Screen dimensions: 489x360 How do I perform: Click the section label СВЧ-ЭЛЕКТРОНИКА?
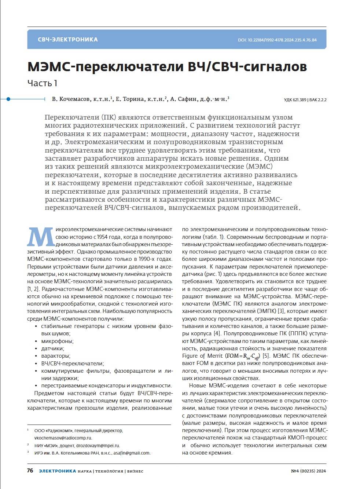[68, 40]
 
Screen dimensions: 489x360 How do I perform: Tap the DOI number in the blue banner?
[277, 40]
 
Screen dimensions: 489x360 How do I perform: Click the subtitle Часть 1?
[42, 83]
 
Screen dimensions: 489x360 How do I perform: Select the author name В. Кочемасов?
[71, 99]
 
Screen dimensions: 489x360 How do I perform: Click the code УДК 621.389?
[295, 100]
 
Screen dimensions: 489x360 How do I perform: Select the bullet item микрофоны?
[57, 341]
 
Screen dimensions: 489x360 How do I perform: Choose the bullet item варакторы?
[56, 356]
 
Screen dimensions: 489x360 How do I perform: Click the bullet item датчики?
[52, 348]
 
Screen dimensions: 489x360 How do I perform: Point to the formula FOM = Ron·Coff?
[243, 356]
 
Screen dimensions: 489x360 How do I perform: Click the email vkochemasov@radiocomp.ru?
[63, 438]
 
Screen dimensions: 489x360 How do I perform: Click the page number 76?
[30, 471]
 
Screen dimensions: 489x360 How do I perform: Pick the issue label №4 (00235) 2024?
[308, 471]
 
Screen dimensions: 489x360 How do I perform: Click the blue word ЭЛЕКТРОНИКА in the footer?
[58, 471]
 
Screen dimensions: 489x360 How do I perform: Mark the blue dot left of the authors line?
[8, 99]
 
